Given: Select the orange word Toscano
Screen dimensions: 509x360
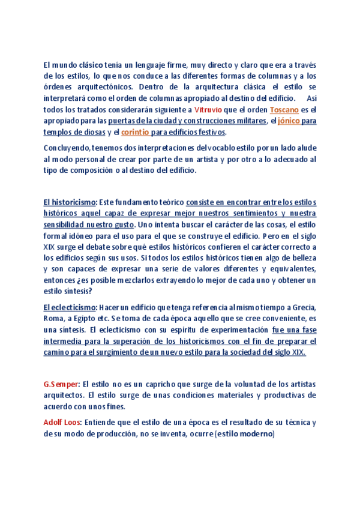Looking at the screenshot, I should click(x=284, y=110).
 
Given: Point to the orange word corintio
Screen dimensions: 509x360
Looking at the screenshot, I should click(x=135, y=131).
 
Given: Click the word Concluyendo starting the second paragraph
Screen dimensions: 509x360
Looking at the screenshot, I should click(x=67, y=148).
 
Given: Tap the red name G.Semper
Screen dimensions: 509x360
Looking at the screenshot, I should click(x=61, y=384).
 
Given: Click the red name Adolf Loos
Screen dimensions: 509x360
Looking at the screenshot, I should click(x=62, y=422).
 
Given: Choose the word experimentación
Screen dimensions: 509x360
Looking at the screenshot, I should click(x=235, y=330).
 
